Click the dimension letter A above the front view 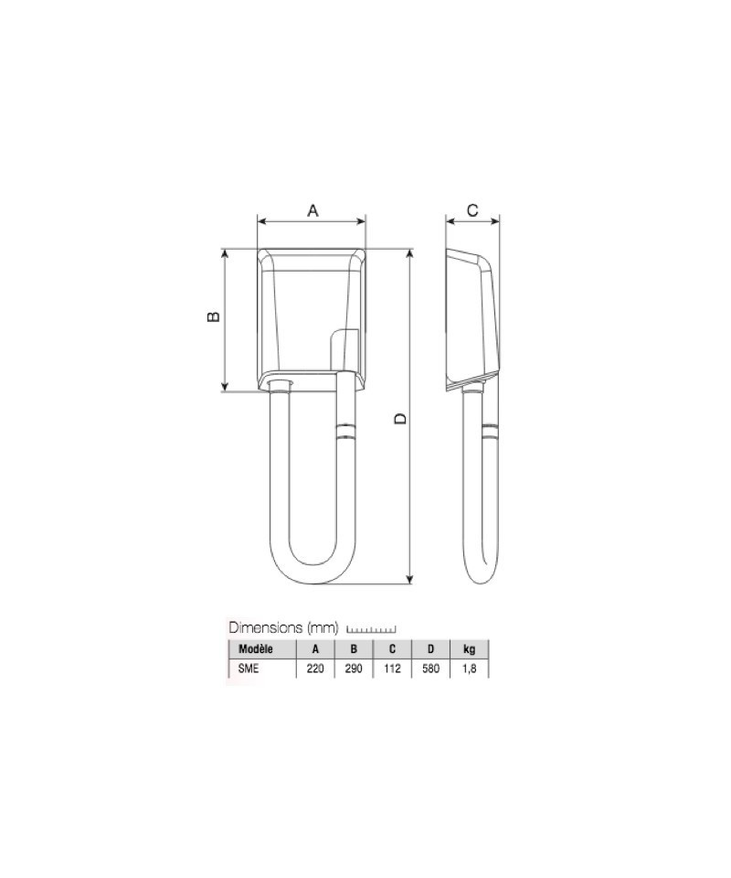313,210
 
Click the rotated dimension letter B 213,316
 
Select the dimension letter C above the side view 472,210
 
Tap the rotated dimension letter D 400,418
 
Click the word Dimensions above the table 266,627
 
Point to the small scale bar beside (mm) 371,629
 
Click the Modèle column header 256,649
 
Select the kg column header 470,649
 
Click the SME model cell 249,668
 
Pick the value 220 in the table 315,668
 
